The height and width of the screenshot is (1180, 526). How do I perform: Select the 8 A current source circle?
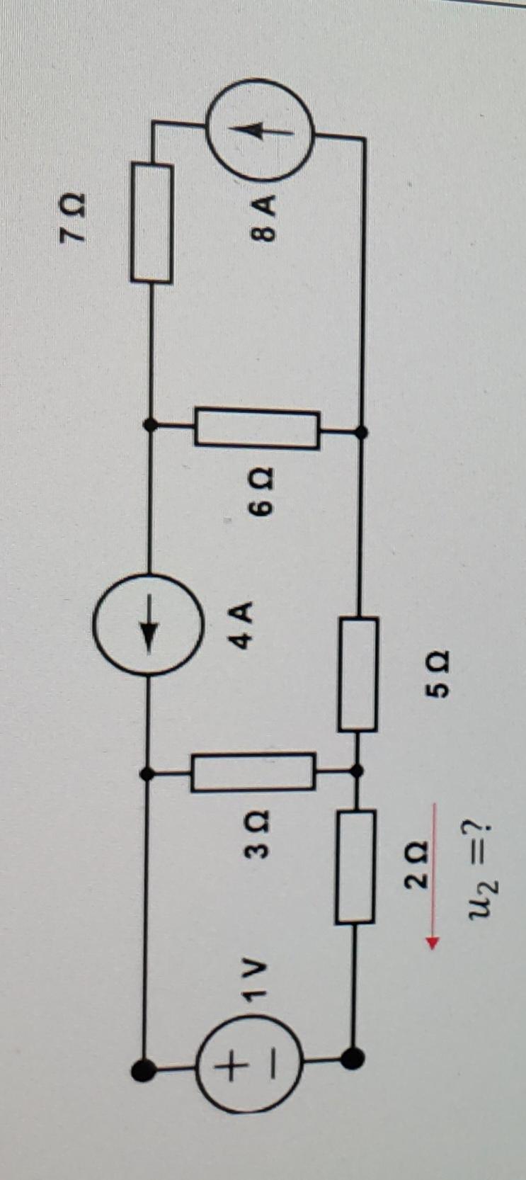click(x=260, y=130)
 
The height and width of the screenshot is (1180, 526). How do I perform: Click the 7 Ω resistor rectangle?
click(x=151, y=223)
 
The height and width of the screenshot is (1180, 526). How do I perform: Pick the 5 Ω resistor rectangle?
click(x=358, y=674)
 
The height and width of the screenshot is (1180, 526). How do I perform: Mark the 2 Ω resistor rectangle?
click(x=355, y=868)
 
